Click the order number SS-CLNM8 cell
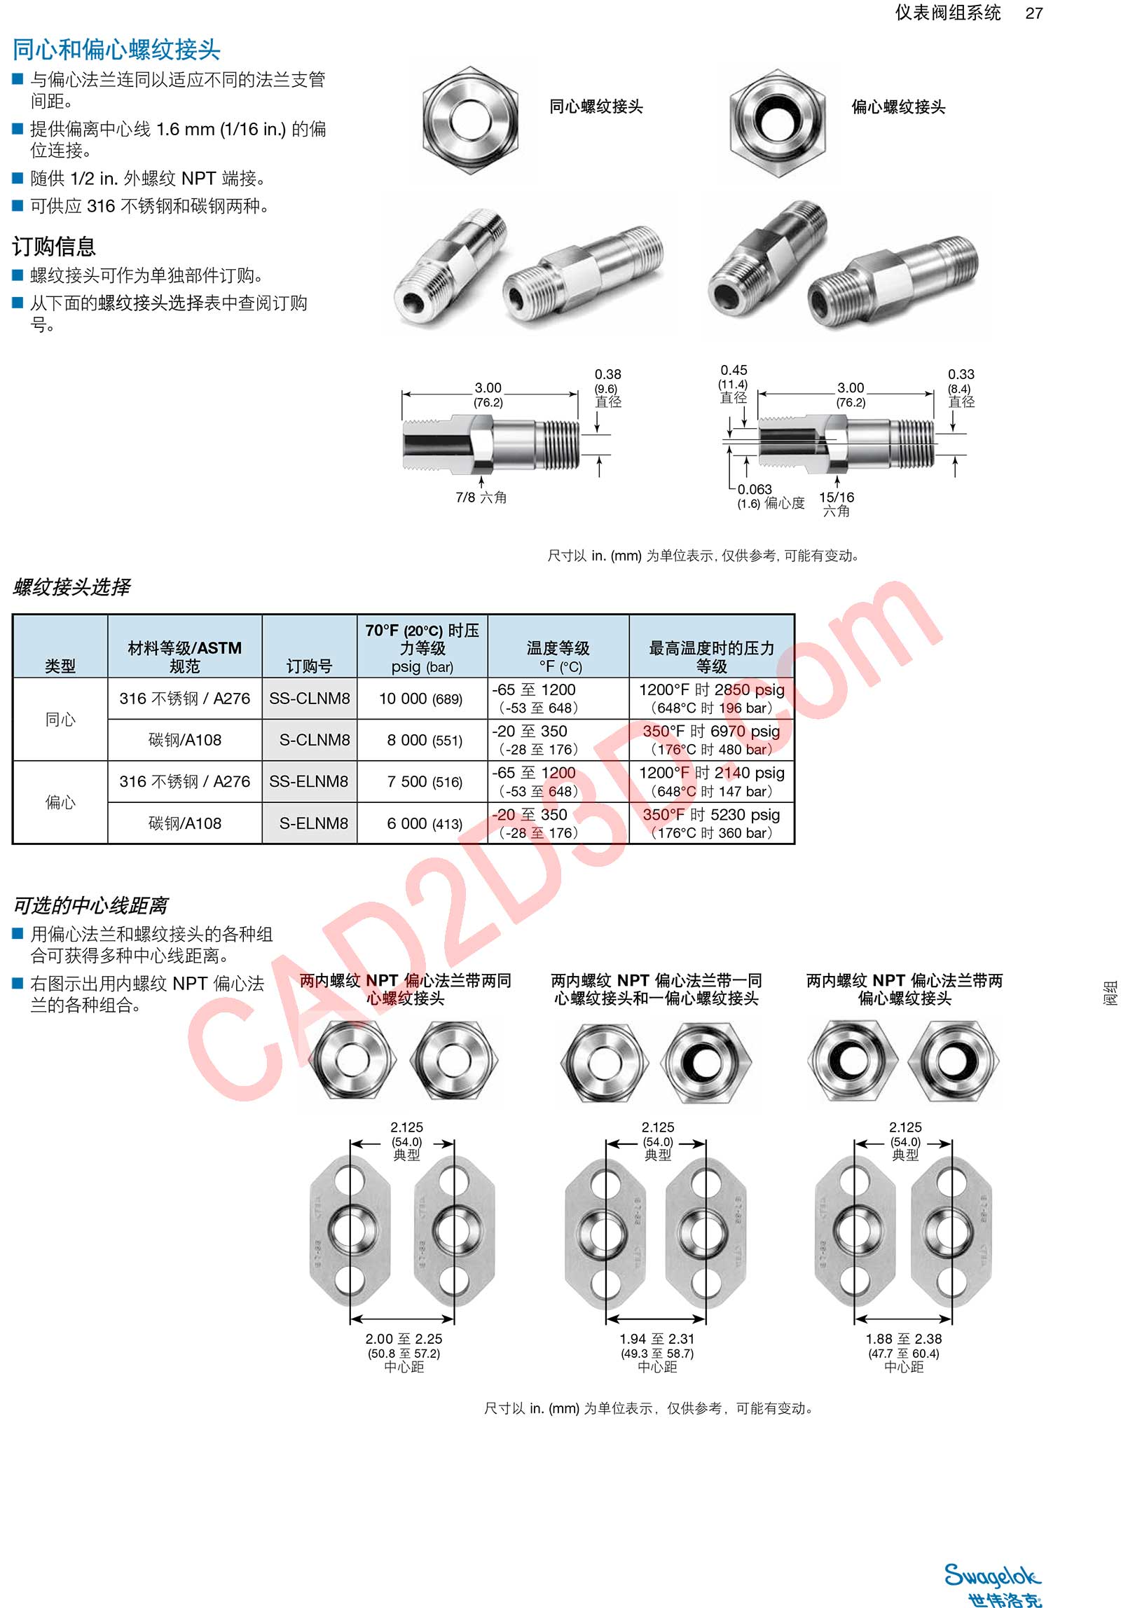click(x=309, y=699)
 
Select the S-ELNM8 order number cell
click(x=313, y=823)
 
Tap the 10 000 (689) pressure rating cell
click(x=420, y=699)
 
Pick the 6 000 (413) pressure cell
click(x=424, y=824)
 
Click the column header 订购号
click(x=309, y=666)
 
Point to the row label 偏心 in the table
click(x=60, y=802)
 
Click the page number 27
click(x=1033, y=13)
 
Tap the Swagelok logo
click(x=991, y=1577)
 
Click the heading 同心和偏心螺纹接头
click(x=116, y=50)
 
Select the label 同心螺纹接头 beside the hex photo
click(x=596, y=107)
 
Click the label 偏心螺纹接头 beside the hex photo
click(x=898, y=107)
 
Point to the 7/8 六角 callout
click(x=481, y=497)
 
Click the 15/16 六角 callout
click(x=837, y=504)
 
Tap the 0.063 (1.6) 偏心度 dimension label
click(x=769, y=496)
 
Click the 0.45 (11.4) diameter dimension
click(x=734, y=383)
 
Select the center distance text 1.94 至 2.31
click(x=656, y=1339)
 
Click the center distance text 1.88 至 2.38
click(x=903, y=1339)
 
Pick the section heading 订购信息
click(x=54, y=247)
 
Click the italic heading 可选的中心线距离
click(x=90, y=906)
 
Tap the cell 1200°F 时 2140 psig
click(x=711, y=773)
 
